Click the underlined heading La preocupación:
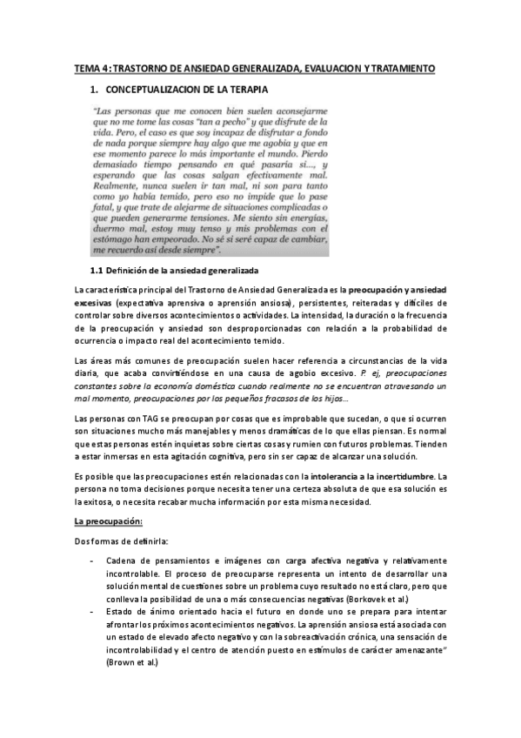[109, 520]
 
